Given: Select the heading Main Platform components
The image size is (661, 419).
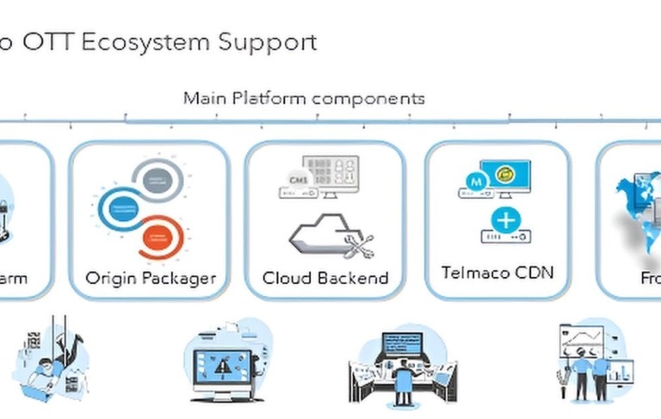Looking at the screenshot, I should pyautogui.click(x=304, y=98).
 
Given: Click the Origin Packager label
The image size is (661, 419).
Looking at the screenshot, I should pyautogui.click(x=151, y=278).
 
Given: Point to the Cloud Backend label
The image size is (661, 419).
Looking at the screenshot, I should pyautogui.click(x=325, y=278).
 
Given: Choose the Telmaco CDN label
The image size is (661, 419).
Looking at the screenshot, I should pyautogui.click(x=497, y=273).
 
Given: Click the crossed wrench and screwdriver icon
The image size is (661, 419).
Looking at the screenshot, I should pyautogui.click(x=358, y=245).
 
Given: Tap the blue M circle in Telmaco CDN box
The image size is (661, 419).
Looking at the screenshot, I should pyautogui.click(x=473, y=182).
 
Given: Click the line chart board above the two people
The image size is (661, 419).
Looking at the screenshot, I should pyautogui.click(x=585, y=341).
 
